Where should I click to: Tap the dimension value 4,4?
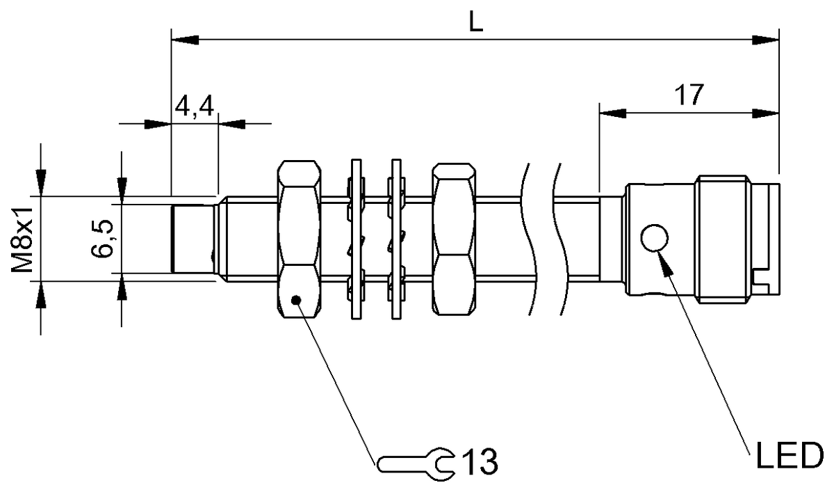[195, 107]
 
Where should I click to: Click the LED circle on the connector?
[655, 239]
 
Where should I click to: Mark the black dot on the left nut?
[297, 300]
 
